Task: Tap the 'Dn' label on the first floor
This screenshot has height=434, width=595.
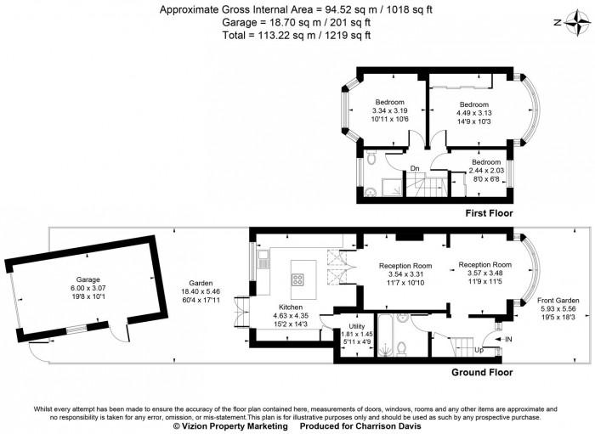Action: [x=415, y=168]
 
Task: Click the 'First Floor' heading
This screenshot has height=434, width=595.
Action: [x=489, y=213]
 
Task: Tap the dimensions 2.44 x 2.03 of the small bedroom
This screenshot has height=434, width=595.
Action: [x=486, y=170]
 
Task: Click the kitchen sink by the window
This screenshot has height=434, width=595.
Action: [x=264, y=262]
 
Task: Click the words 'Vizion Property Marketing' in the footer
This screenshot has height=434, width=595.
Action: [x=224, y=427]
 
